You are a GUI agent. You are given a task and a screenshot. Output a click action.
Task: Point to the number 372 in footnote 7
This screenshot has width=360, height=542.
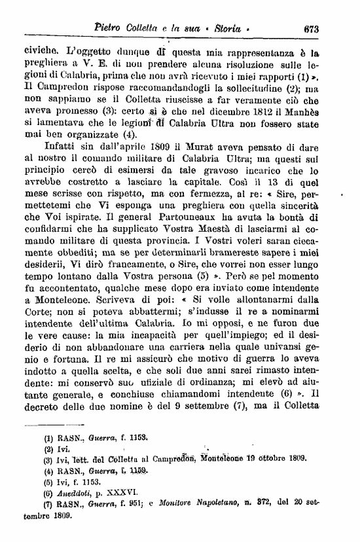point(284,504)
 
